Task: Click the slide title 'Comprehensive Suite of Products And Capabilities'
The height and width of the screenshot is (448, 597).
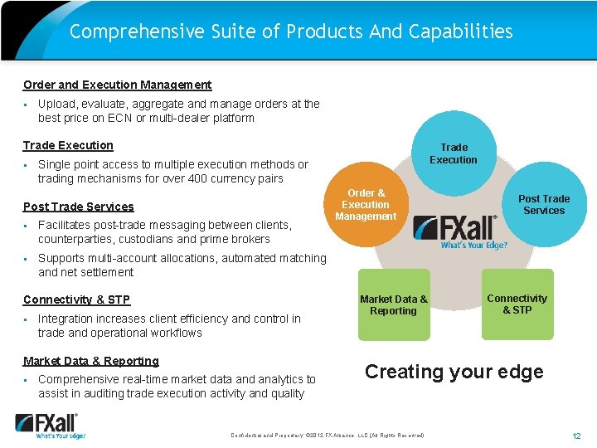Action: tap(291, 32)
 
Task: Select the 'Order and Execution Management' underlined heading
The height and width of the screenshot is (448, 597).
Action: tap(117, 85)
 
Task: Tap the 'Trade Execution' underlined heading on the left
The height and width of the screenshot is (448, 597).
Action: tap(68, 145)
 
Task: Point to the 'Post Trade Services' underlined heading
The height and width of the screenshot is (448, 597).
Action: tap(78, 207)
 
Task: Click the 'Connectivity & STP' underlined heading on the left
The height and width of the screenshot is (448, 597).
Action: tap(76, 299)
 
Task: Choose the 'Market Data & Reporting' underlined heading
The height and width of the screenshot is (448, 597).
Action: tap(91, 361)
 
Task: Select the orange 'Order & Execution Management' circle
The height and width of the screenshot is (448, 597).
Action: tap(366, 206)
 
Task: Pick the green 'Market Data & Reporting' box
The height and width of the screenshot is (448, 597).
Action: tap(394, 304)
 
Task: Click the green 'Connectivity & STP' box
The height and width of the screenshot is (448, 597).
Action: tap(517, 304)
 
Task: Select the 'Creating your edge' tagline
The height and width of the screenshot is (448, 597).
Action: tap(454, 372)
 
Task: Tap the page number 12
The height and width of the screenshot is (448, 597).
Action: tap(576, 436)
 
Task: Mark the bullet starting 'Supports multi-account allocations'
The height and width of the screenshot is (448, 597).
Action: tap(182, 265)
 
